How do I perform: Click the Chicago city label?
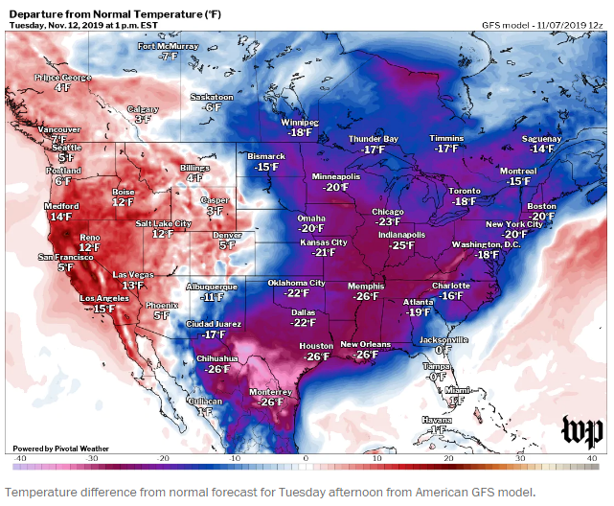coord(387,212)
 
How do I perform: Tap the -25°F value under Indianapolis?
coord(401,245)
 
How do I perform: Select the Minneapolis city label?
coord(335,177)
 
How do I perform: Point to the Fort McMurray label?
coord(170,46)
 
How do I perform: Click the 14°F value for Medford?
coord(60,218)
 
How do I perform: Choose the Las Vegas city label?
coord(133,274)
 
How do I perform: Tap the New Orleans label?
coord(365,344)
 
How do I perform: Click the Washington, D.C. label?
coord(488,244)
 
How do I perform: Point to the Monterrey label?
coord(271,391)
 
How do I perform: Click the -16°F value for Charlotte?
coord(449,296)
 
